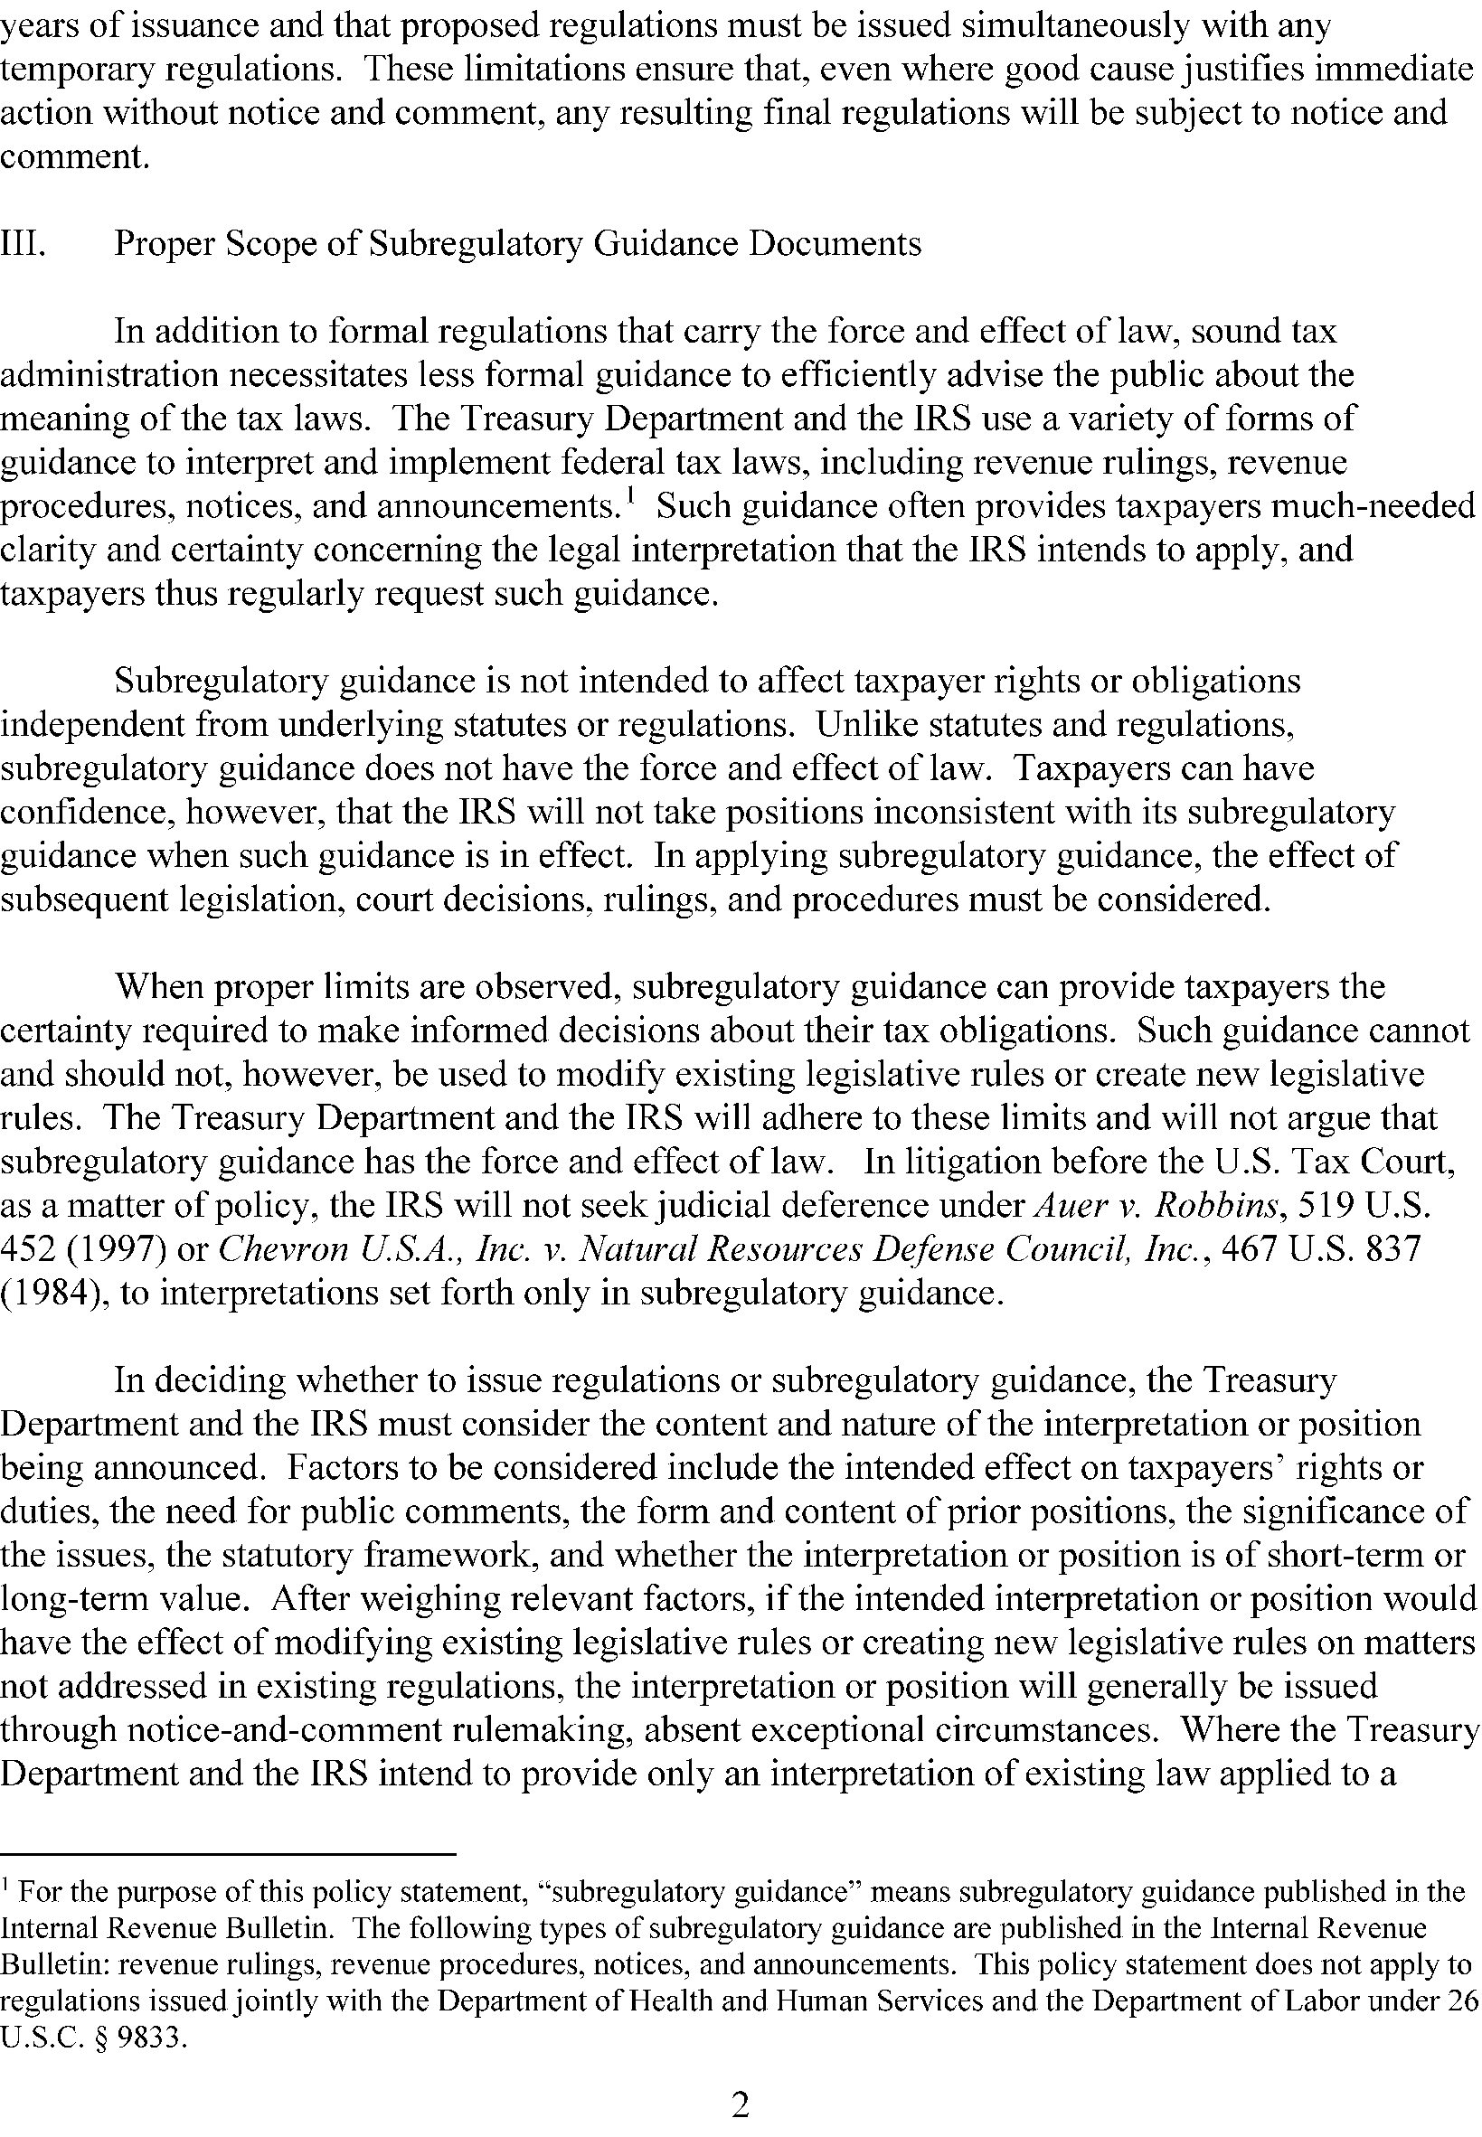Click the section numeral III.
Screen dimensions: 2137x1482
(x=24, y=244)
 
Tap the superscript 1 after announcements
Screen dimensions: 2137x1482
(x=630, y=499)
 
